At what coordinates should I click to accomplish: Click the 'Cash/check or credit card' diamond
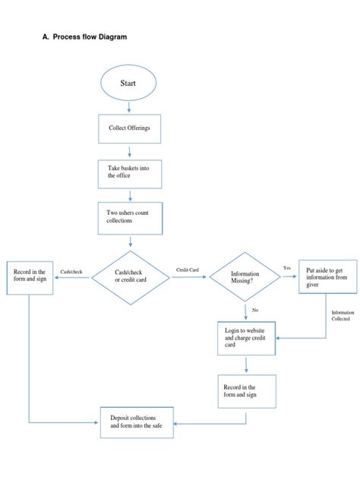(131, 277)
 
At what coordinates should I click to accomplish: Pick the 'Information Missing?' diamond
(245, 277)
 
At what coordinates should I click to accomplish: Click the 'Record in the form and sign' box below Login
(245, 391)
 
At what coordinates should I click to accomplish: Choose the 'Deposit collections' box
(137, 422)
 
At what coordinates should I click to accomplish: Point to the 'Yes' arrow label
(287, 268)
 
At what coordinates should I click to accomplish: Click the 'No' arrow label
(255, 310)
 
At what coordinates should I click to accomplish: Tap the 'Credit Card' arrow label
(187, 270)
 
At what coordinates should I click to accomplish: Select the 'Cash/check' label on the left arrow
(71, 271)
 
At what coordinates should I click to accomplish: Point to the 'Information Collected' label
(341, 315)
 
